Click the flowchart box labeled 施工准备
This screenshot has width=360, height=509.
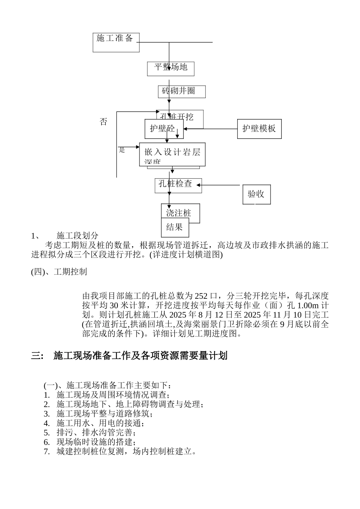point(116,42)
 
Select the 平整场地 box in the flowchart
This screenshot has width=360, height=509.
point(171,68)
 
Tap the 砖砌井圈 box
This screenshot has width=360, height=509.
point(182,92)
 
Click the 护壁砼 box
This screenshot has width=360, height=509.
point(164,129)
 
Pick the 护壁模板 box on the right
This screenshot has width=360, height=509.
point(259,129)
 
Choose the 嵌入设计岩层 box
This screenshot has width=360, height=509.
point(172,154)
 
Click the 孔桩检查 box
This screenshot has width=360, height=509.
point(178,185)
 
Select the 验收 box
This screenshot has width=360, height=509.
point(257,195)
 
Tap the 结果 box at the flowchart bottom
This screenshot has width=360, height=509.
point(175,227)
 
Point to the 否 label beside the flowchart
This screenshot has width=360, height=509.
point(103,122)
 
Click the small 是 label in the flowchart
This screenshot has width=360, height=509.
point(122,150)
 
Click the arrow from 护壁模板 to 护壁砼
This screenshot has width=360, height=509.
point(210,129)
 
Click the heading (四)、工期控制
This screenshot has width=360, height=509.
point(59,272)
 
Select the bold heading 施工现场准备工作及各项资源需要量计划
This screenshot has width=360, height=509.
point(140,356)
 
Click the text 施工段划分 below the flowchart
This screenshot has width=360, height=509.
point(77,236)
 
